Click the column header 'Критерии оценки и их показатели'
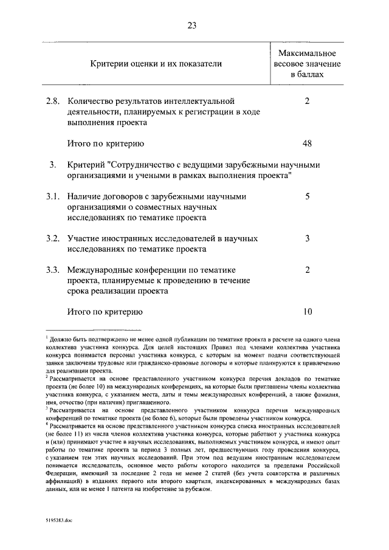[156, 63]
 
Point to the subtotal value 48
[307, 143]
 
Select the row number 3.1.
[53, 196]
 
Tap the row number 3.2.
[53, 238]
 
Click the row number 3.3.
[53, 270]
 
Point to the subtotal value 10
[307, 312]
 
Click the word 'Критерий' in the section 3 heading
[85, 165]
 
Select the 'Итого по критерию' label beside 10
[105, 312]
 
